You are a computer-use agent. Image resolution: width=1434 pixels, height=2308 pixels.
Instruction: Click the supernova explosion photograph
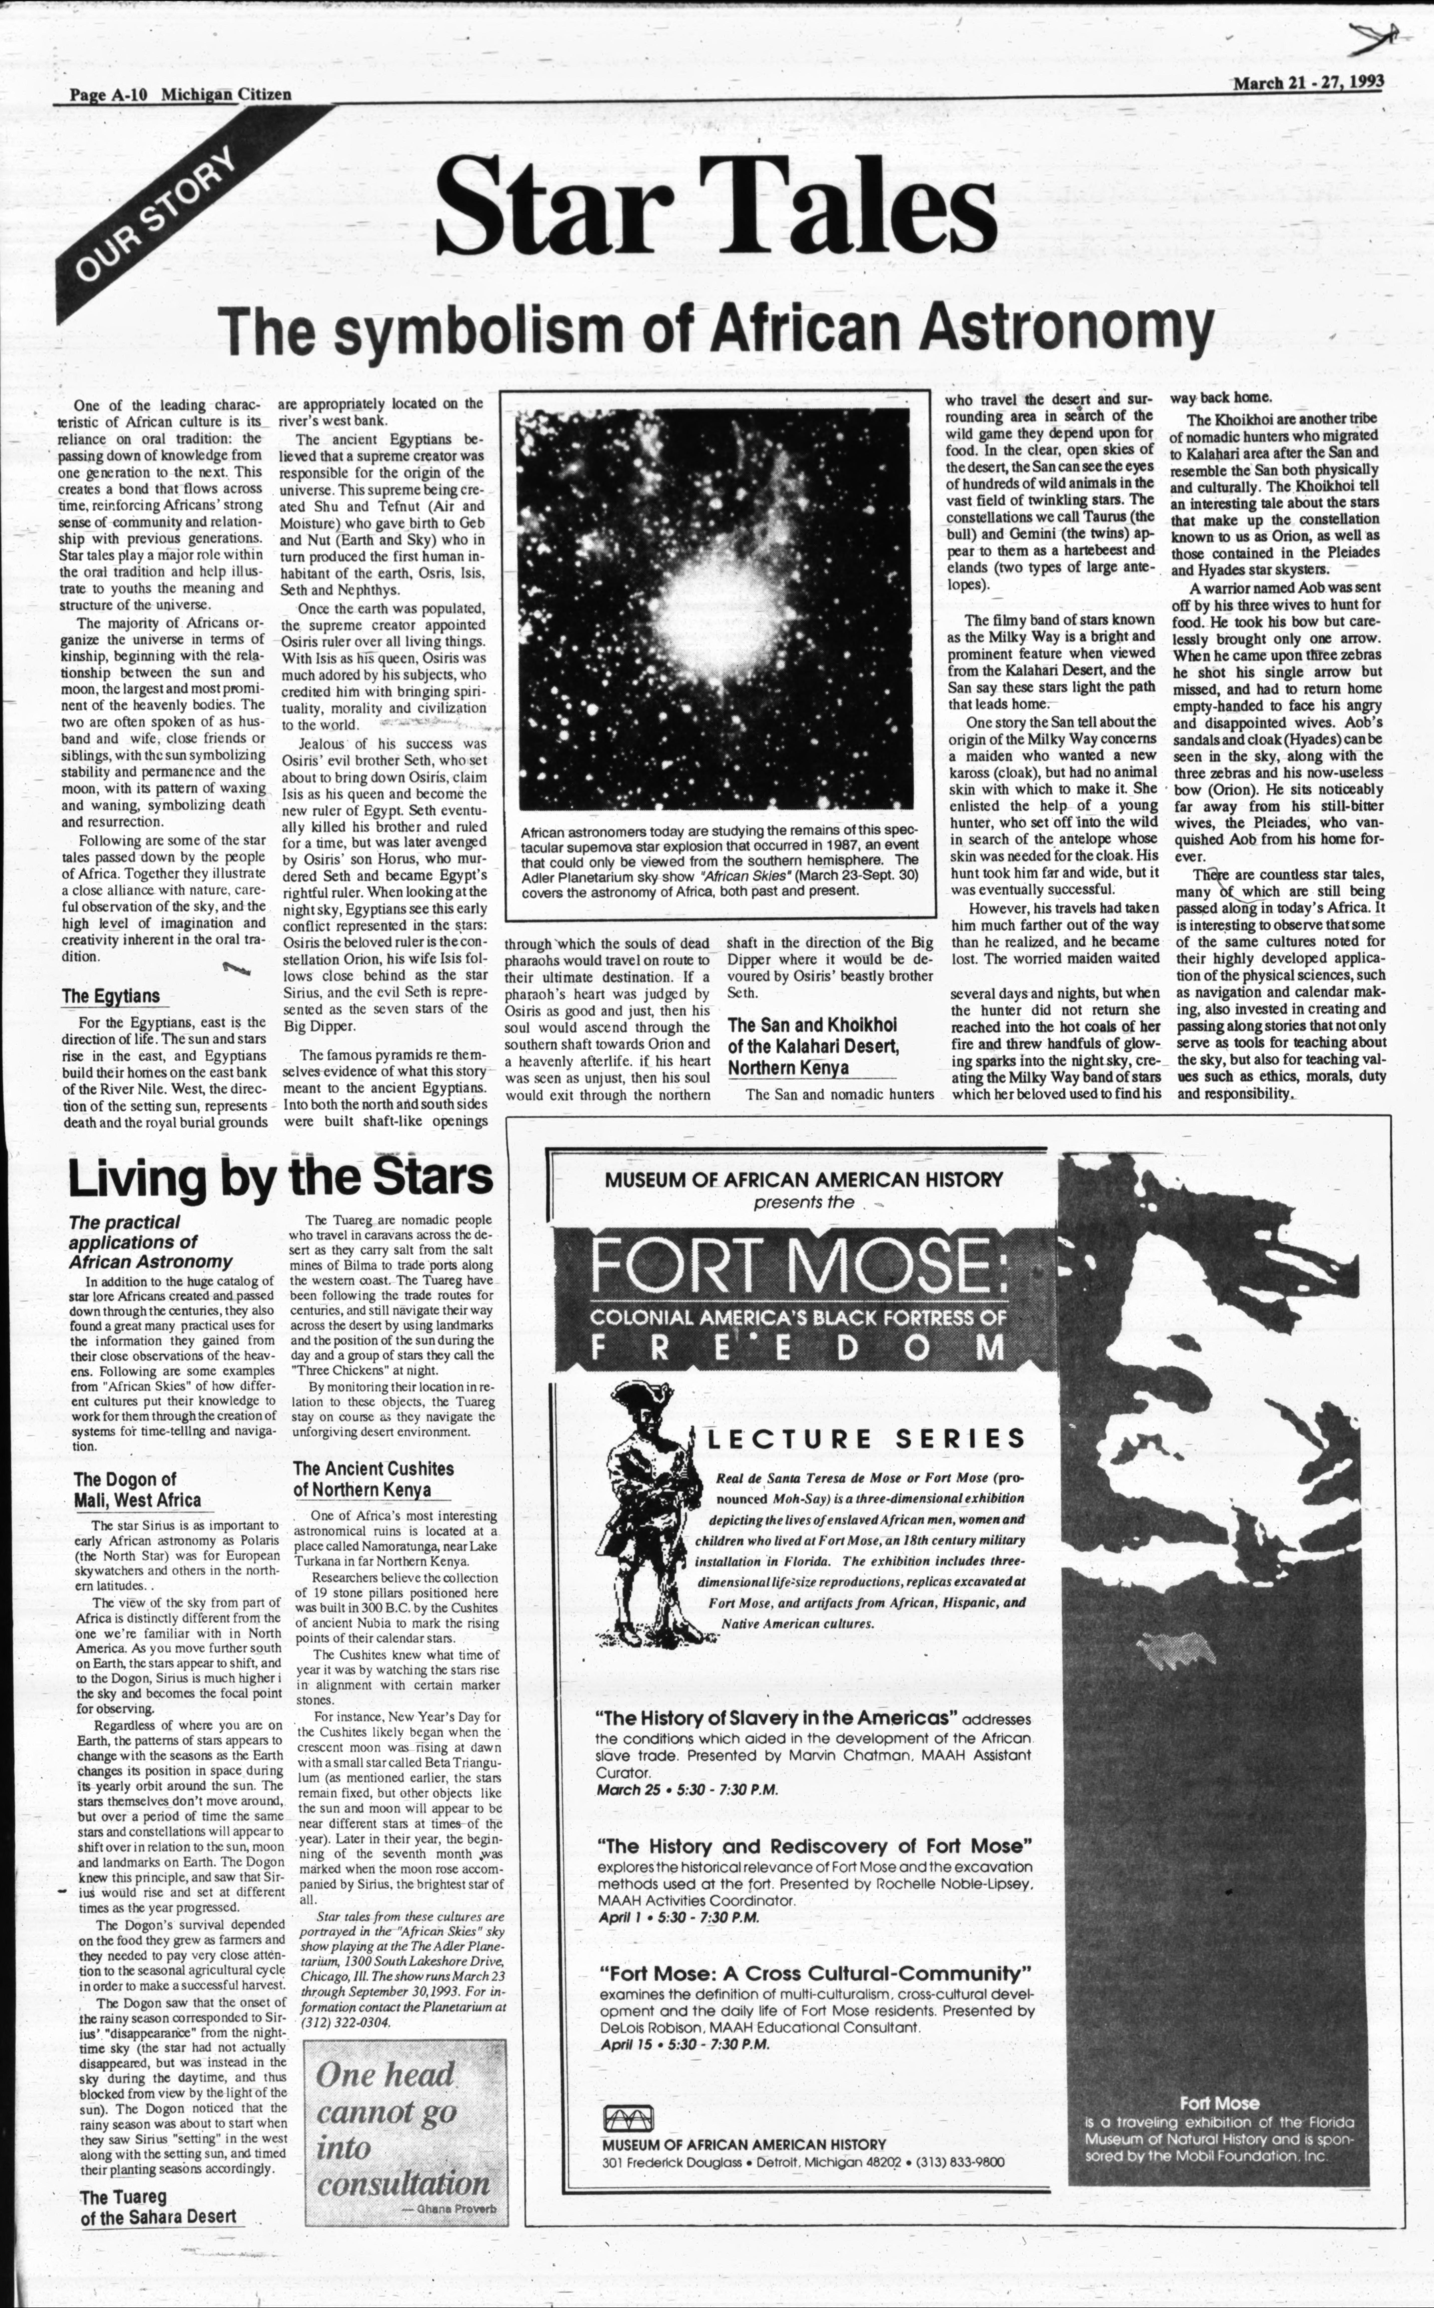(x=712, y=612)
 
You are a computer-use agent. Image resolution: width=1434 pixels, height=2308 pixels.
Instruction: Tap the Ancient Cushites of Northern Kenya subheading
(x=373, y=1479)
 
